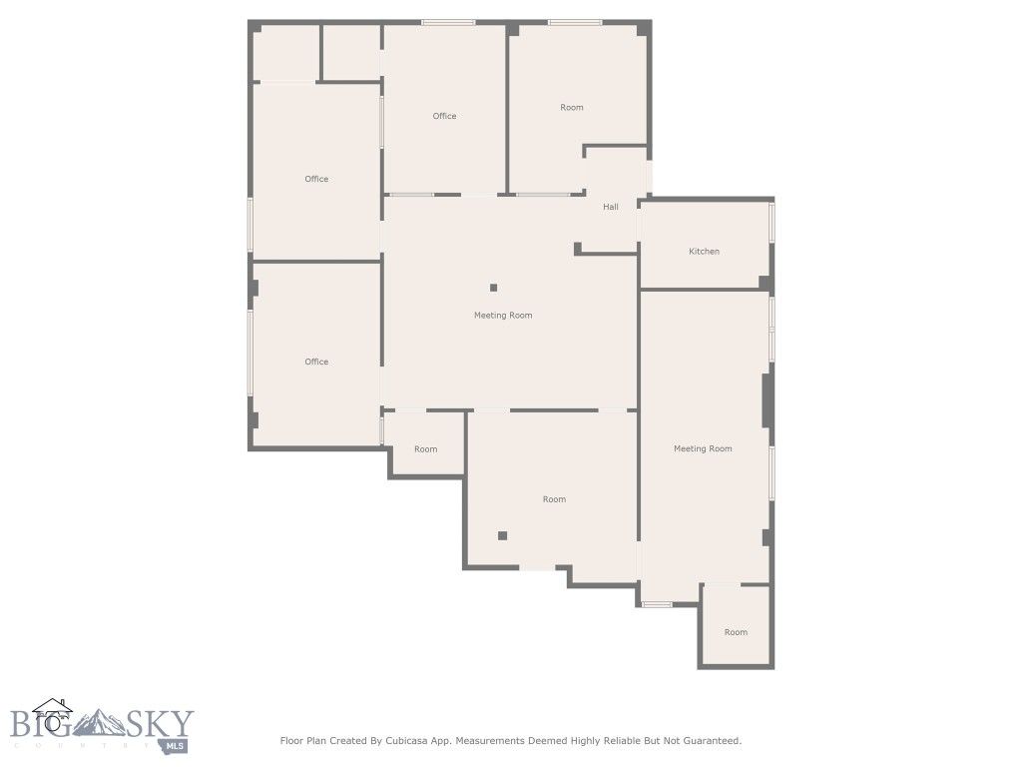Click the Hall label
611,207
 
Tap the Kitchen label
704,252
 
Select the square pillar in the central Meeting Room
493,288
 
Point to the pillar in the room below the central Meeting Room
503,536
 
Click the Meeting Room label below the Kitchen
703,449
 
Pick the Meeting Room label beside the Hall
503,316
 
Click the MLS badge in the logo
176,745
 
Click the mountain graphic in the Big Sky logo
98,722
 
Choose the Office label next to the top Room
444,116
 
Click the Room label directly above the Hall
572,108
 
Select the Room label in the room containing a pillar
554,499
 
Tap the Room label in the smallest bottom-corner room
736,632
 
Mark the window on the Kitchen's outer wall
771,222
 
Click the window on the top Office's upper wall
447,22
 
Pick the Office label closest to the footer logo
316,362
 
